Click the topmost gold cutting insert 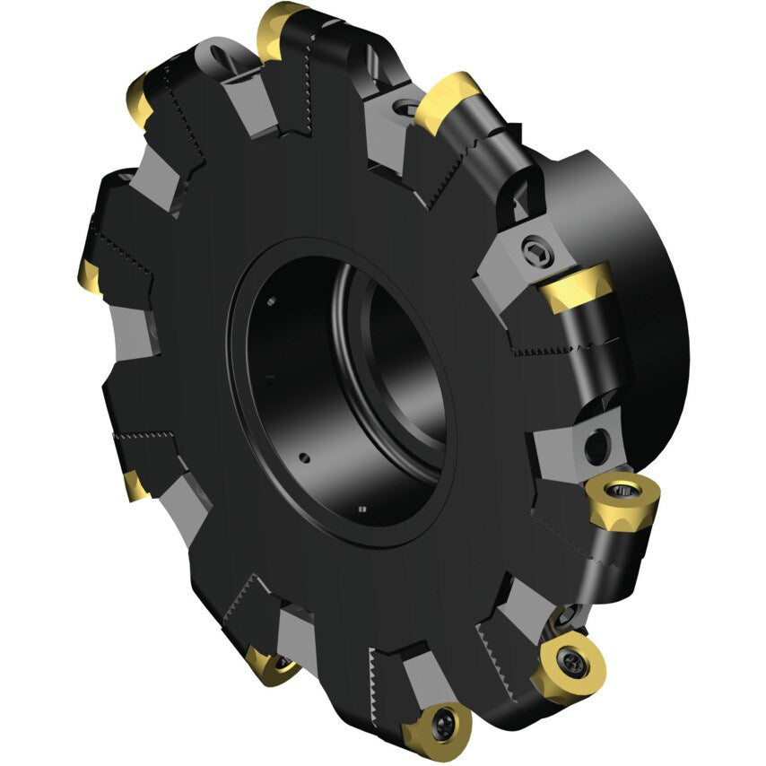[280, 27]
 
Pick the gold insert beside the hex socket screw [577, 286]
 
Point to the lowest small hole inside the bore [361, 511]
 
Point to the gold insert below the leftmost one [136, 484]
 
